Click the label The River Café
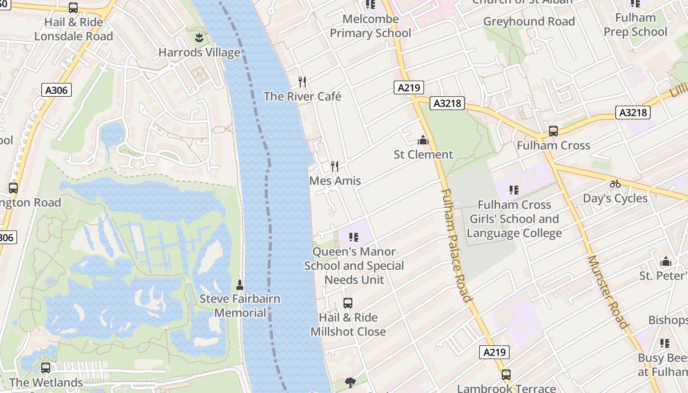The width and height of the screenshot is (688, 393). click(x=302, y=96)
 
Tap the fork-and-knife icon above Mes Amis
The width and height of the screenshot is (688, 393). click(x=335, y=167)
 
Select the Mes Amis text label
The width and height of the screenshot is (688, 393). click(x=335, y=181)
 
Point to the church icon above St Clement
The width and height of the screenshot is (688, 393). click(x=423, y=140)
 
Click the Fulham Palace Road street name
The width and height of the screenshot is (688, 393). click(x=457, y=245)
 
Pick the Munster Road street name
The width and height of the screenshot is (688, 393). click(x=608, y=292)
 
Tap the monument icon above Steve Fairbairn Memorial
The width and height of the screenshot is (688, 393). click(x=240, y=284)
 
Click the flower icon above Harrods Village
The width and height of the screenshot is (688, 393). click(x=199, y=38)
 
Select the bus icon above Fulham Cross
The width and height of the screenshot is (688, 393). click(x=553, y=131)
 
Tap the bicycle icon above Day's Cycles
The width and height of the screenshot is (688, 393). click(x=615, y=184)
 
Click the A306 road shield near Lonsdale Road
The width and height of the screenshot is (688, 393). click(x=57, y=90)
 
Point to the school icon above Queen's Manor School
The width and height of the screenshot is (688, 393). click(x=353, y=238)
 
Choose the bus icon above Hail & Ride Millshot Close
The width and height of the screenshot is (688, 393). click(x=348, y=303)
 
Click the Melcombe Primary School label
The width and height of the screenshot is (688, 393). click(x=371, y=26)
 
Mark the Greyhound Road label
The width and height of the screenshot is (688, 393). click(x=529, y=22)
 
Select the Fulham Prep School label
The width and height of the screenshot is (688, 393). click(x=635, y=25)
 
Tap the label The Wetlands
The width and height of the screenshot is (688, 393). click(x=46, y=382)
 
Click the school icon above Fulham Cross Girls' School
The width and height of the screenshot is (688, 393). click(x=514, y=190)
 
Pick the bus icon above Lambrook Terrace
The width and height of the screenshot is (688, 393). click(x=506, y=374)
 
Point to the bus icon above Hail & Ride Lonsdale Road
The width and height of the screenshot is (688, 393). click(x=73, y=8)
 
